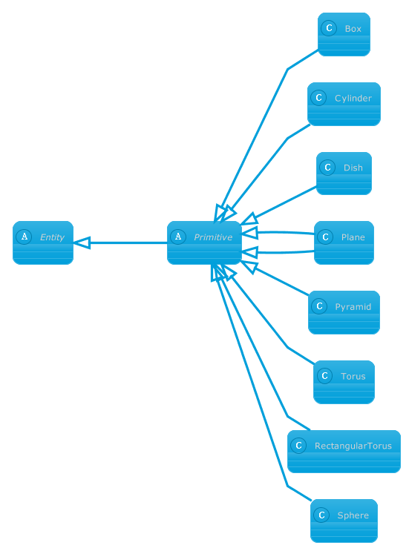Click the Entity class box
click(43, 242)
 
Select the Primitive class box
click(204, 242)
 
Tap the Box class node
click(344, 34)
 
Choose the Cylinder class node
click(344, 104)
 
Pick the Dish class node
click(344, 174)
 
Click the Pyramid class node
click(344, 312)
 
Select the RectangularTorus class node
click(344, 452)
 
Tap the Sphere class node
click(344, 521)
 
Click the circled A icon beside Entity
click(24, 237)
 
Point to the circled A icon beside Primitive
click(178, 237)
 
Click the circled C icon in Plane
click(325, 237)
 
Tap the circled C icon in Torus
click(324, 376)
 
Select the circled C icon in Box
click(329, 28)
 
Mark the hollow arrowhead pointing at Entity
click(82, 242)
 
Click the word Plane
click(353, 237)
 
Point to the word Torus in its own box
click(353, 376)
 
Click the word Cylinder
click(353, 99)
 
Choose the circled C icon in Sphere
click(321, 515)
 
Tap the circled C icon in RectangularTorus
click(298, 446)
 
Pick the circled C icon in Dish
click(327, 168)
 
